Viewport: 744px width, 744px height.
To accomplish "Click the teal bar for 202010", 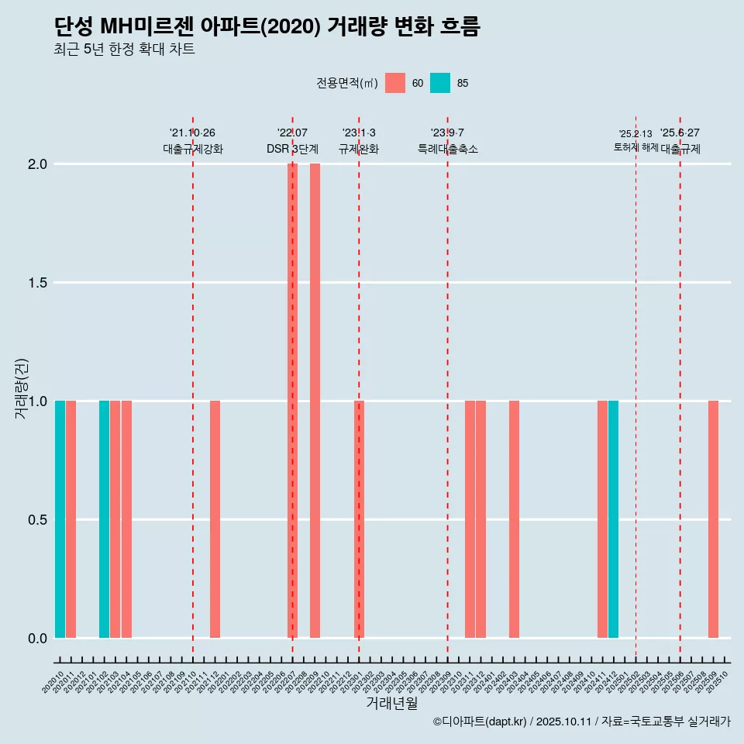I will (x=60, y=519).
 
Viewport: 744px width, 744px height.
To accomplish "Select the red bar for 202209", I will (x=315, y=401).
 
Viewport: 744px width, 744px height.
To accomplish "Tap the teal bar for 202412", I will (x=613, y=519).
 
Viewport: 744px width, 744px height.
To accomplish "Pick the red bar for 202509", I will (x=713, y=519).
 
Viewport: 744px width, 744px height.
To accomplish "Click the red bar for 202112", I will (x=215, y=519).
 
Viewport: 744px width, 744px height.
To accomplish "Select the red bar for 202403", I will (x=514, y=519).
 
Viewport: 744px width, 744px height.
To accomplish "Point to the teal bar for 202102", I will (x=104, y=519).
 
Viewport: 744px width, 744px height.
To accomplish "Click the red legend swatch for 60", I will (x=395, y=83).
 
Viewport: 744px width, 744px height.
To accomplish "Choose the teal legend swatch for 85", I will (x=440, y=83).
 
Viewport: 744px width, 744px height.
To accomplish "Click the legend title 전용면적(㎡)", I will (x=346, y=84).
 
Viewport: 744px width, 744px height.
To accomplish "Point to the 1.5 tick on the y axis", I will (x=36, y=283).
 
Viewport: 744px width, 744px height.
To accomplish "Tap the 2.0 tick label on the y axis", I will (x=36, y=164).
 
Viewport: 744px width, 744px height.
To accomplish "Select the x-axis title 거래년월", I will (x=391, y=704).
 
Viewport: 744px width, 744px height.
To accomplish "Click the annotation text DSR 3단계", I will (x=292, y=149).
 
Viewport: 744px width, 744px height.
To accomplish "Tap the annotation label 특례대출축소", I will (x=447, y=149).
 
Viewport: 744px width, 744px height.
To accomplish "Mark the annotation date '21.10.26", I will (x=192, y=133).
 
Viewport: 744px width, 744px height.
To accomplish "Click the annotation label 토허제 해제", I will (x=635, y=147).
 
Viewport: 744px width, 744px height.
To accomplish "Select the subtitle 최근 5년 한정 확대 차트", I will (x=124, y=50).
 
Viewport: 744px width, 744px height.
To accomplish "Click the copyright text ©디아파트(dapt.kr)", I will (x=479, y=722).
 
